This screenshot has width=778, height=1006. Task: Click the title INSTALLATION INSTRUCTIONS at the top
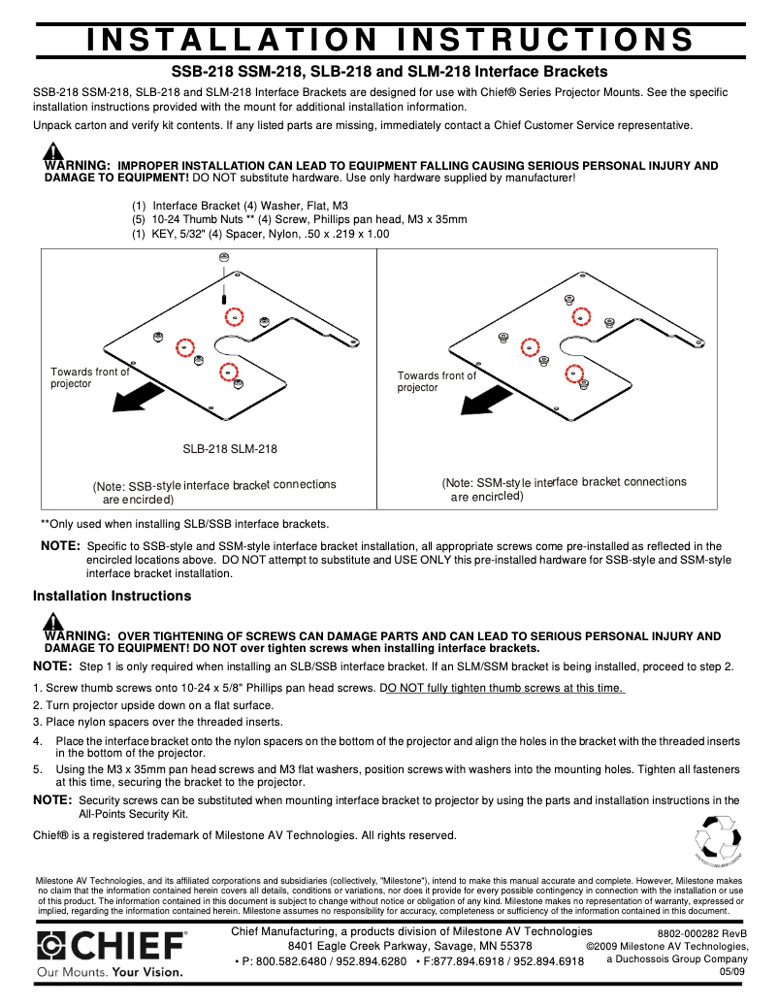[389, 40]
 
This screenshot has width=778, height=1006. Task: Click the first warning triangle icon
[52, 150]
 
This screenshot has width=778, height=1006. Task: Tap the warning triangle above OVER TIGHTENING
[52, 621]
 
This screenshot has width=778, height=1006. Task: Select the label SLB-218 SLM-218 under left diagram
[230, 449]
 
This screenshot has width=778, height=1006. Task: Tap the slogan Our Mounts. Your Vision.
[110, 971]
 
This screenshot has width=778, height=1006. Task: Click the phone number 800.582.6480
[287, 961]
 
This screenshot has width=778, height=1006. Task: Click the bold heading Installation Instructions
[113, 596]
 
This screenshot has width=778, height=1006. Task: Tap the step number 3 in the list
[37, 722]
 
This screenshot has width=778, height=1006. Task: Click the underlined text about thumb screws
[503, 688]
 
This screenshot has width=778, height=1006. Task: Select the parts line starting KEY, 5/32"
[262, 234]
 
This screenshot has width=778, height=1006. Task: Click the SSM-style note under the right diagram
[564, 489]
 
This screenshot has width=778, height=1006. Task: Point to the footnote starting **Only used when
[184, 523]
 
